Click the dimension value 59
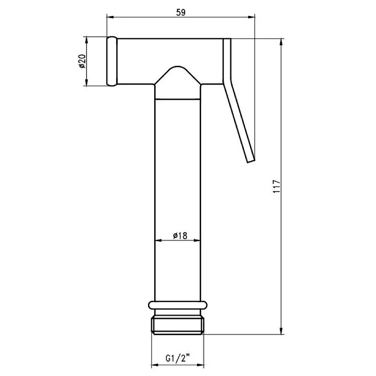click(181, 13)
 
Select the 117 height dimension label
click(276, 186)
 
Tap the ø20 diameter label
click(82, 61)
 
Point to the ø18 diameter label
click(180, 236)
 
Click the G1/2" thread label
click(178, 359)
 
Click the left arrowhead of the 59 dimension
click(110, 17)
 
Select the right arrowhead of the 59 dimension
click(251, 17)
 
